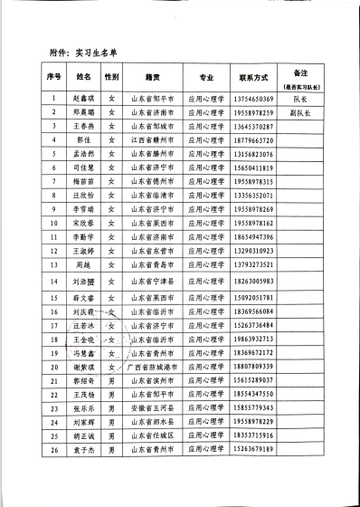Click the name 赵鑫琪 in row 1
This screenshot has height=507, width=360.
point(84,99)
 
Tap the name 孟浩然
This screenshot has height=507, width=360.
point(84,155)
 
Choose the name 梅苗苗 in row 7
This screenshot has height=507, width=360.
point(84,183)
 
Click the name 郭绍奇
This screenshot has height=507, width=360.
point(84,381)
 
